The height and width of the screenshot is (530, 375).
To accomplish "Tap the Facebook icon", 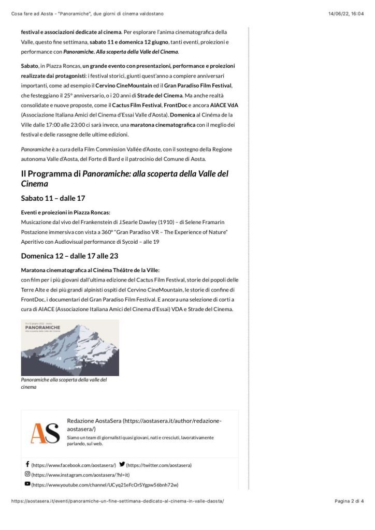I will pos(27,465).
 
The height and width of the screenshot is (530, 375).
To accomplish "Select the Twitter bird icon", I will pos(122,465).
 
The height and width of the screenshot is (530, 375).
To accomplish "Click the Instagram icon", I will pos(27,474).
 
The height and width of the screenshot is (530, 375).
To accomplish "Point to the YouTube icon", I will pos(27,484).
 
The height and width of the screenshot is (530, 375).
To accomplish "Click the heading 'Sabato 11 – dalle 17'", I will pos(53,198).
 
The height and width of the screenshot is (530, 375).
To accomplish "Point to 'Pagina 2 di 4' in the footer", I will pos(349,501).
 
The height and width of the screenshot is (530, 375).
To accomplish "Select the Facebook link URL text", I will pos(74,465).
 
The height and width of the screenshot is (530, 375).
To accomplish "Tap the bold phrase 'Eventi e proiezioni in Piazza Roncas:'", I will pos(66,212).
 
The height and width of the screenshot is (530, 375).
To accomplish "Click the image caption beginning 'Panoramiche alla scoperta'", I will pos(64,383).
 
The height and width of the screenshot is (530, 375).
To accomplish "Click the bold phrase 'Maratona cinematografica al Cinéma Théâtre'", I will pos(90,270).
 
